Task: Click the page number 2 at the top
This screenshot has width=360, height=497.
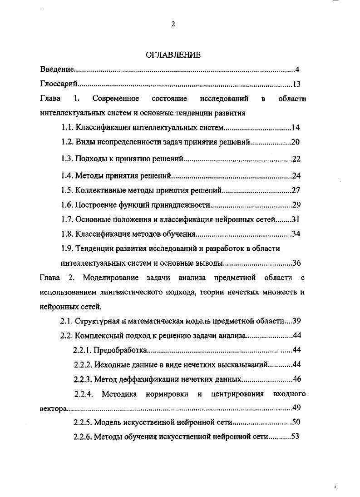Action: pos(173,25)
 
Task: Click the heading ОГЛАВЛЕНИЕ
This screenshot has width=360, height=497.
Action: pos(173,55)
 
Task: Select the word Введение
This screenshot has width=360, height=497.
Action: pos(56,70)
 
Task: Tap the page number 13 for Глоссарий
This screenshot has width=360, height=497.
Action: pos(296,84)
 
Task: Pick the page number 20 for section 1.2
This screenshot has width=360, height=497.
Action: pos(296,142)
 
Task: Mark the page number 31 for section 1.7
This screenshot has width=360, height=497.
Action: pos(296,220)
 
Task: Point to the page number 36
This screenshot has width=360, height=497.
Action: pos(297,263)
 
